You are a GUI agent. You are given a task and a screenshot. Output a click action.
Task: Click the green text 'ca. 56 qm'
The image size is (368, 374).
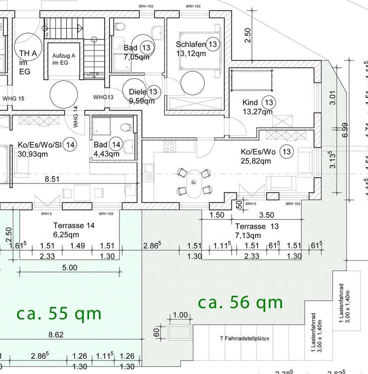pos(240,302)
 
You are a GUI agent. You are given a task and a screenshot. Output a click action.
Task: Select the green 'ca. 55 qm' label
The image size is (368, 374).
pos(59,314)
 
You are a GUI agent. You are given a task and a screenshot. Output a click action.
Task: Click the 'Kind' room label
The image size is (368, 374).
pos(250,103)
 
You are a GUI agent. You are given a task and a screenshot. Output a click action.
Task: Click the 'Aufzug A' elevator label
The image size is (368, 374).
pos(63,56)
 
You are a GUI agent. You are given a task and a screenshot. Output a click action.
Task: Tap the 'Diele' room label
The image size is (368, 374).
pos(137,92)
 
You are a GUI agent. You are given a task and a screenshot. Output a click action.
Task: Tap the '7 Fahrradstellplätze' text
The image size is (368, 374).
pos(245,339)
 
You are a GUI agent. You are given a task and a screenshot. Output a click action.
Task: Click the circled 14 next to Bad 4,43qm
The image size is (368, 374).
pos(116,145)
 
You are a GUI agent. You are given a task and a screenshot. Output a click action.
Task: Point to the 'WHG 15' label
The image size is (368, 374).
pos(13,98)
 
